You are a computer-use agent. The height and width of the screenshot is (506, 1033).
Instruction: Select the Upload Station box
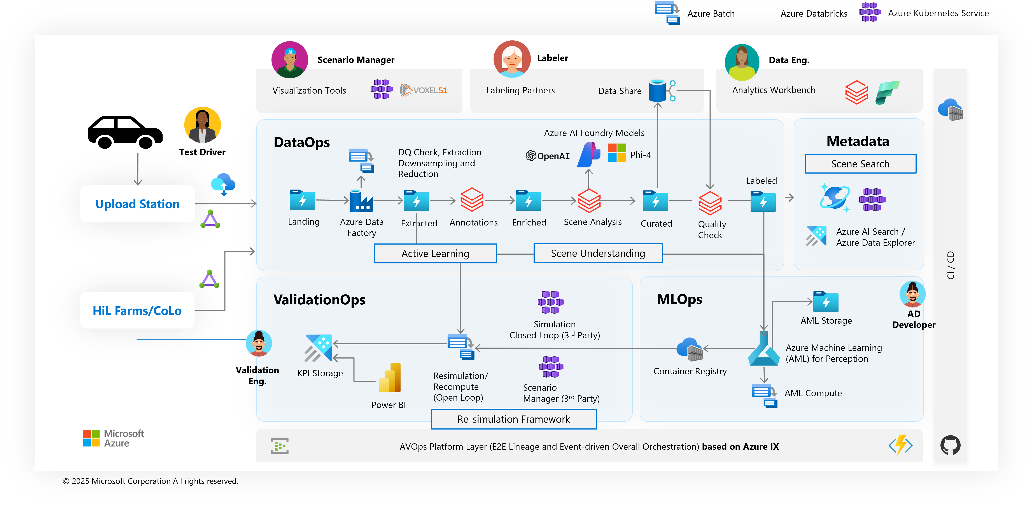pos(138,204)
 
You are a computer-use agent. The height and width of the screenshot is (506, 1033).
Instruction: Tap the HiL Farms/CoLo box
pos(137,311)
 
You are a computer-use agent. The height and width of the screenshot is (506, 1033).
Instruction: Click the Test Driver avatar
pos(203,125)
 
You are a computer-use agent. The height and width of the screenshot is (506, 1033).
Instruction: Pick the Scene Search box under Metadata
pos(860,164)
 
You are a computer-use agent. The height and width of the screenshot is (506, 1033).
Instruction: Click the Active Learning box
pos(435,253)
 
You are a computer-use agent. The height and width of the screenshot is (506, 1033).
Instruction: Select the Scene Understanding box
pos(598,253)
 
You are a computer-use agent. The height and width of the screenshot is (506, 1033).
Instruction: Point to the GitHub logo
pos(950,445)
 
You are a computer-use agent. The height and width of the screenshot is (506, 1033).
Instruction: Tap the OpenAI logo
pos(548,156)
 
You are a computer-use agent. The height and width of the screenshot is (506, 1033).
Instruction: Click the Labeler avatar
pos(512,59)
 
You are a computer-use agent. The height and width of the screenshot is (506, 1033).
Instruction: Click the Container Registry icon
pos(690,349)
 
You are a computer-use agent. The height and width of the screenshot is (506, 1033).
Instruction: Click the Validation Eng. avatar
pos(259,343)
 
